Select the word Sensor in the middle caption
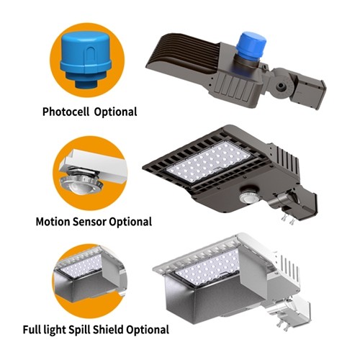(94, 222)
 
